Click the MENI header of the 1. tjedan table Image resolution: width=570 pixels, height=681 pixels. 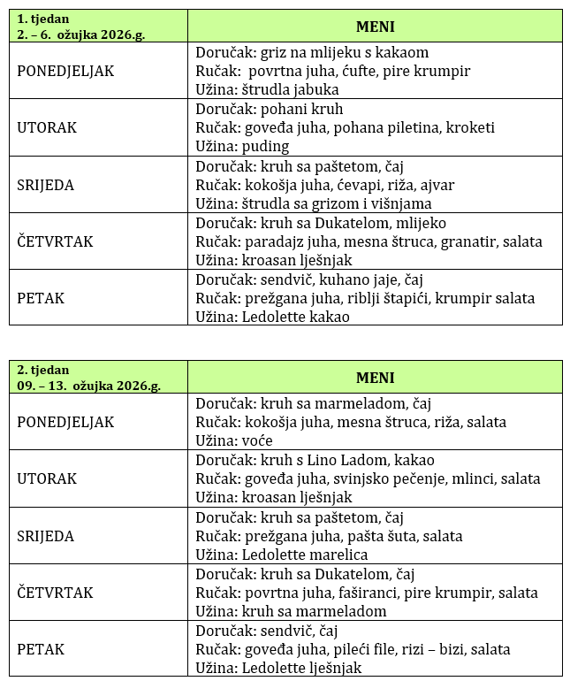coord(375,27)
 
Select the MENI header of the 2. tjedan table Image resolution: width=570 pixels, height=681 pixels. coord(375,378)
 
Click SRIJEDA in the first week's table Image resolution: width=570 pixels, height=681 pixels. coord(45,185)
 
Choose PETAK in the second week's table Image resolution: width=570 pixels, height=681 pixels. coord(41,649)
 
